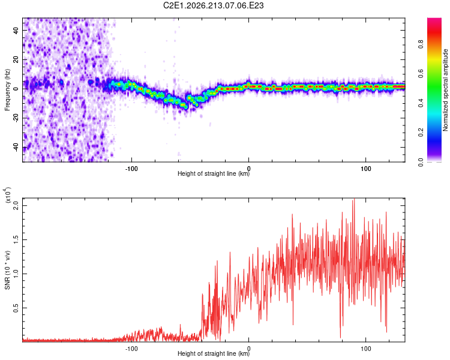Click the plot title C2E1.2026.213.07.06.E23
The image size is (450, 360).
click(x=213, y=5)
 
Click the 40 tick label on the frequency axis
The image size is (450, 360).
click(x=16, y=30)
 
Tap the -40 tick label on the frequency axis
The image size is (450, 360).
click(x=16, y=148)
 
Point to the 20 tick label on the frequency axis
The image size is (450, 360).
click(x=16, y=59)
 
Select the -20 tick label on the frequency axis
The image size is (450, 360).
click(x=16, y=118)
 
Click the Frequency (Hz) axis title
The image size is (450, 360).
click(x=7, y=90)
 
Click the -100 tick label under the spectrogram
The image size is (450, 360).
click(x=131, y=169)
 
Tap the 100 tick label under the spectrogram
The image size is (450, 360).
click(x=365, y=169)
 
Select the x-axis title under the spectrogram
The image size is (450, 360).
click(x=214, y=173)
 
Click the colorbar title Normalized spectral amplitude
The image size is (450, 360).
click(x=445, y=90)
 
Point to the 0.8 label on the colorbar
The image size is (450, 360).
click(x=421, y=44)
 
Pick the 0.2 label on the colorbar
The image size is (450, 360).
click(x=421, y=133)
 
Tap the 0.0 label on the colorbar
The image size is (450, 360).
click(x=421, y=162)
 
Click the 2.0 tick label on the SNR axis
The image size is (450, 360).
click(x=16, y=206)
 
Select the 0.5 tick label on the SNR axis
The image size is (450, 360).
click(x=16, y=308)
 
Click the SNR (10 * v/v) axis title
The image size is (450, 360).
click(x=7, y=270)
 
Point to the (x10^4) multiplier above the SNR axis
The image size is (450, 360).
click(x=7, y=196)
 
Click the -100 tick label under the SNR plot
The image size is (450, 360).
click(x=131, y=349)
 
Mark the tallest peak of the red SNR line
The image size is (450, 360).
click(x=354, y=199)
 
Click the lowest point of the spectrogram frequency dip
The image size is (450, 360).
click(x=186, y=107)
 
